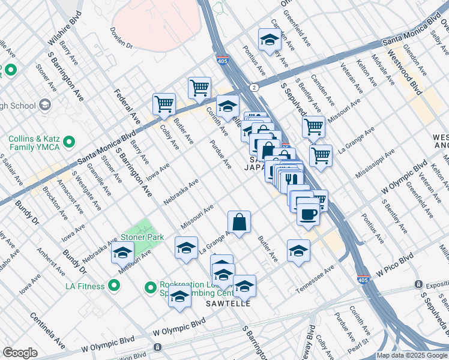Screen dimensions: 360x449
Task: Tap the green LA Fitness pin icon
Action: [114, 286]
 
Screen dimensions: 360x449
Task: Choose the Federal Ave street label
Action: [127, 108]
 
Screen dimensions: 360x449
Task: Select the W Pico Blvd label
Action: [395, 265]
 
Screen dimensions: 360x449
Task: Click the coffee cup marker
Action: [308, 214]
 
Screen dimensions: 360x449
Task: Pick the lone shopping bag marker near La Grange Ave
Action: [239, 222]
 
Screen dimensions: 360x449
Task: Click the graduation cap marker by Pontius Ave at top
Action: [270, 40]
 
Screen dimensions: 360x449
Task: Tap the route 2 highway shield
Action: [255, 88]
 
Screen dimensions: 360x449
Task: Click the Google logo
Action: [20, 353]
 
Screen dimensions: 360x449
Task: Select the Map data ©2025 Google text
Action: [412, 355]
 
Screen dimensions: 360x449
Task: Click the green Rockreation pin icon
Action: [151, 288]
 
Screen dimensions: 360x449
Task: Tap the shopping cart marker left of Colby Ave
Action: [164, 104]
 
